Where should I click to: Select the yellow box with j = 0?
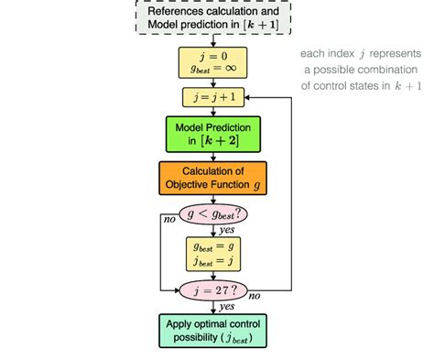pyautogui.click(x=214, y=61)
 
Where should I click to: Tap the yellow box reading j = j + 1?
pyautogui.click(x=214, y=95)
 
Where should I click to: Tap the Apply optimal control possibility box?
pyautogui.click(x=214, y=330)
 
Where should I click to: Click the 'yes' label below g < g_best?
pyautogui.click(x=227, y=230)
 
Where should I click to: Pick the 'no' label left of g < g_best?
pyautogui.click(x=169, y=221)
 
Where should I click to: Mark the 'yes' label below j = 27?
pyautogui.click(x=227, y=308)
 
